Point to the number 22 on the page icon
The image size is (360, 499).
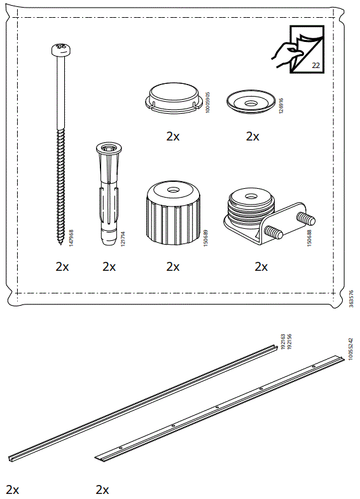pyautogui.click(x=316, y=65)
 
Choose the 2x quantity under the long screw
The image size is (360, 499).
pyautogui.click(x=62, y=267)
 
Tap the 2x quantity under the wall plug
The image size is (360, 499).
pyautogui.click(x=109, y=267)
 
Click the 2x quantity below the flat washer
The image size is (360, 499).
pyautogui.click(x=253, y=136)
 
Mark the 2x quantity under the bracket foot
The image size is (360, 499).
pyautogui.click(x=261, y=267)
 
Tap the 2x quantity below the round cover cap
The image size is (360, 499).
pyautogui.click(x=173, y=136)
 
